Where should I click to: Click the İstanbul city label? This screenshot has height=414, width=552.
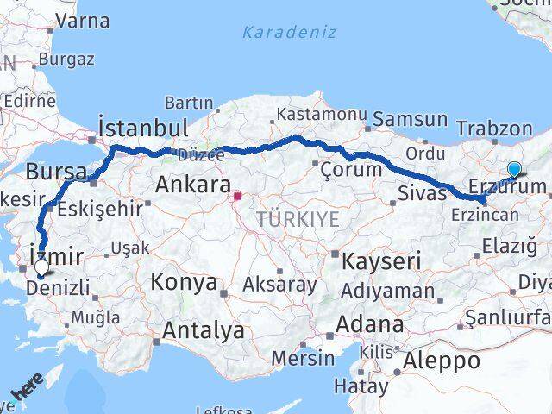[x=143, y=128]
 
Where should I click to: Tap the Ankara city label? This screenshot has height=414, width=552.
[x=192, y=184]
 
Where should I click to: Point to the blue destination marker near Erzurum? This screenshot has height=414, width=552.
[x=514, y=169]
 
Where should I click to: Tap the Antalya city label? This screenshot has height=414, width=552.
[x=203, y=329]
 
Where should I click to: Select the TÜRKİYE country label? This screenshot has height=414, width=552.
[x=298, y=219]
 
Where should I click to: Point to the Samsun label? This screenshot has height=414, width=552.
[x=411, y=120]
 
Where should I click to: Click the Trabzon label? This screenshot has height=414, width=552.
[x=494, y=128]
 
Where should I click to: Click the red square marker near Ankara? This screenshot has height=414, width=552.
[x=238, y=196]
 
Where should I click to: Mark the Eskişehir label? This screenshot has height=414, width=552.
[x=94, y=207]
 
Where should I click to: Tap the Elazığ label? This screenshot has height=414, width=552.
[x=504, y=246]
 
